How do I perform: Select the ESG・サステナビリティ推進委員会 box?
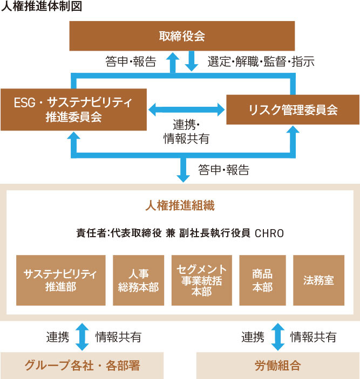(74, 109)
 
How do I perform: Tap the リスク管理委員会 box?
(293, 110)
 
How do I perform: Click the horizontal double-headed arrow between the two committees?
(186, 110)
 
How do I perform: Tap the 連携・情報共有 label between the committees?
(186, 131)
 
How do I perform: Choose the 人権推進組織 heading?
(180, 205)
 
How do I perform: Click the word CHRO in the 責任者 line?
(269, 233)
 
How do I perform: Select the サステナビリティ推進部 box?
(60, 280)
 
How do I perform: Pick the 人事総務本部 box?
(138, 280)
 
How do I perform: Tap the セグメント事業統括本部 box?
(201, 280)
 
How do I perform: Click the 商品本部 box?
(262, 280)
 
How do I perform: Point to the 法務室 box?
(318, 280)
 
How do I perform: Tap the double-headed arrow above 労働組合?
(277, 337)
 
